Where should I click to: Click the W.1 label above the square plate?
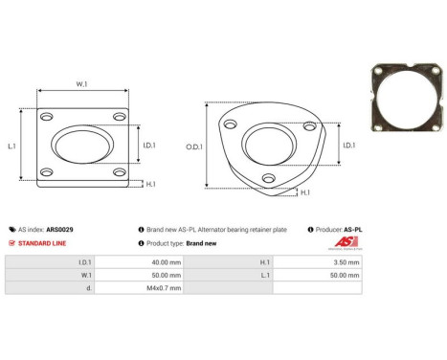[82, 84]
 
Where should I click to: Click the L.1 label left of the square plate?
[11, 146]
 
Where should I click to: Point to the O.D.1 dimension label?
[192, 146]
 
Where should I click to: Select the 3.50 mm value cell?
[346, 261]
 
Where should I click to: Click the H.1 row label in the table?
[263, 261]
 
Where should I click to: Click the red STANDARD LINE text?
[45, 243]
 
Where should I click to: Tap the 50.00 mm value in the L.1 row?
[346, 275]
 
